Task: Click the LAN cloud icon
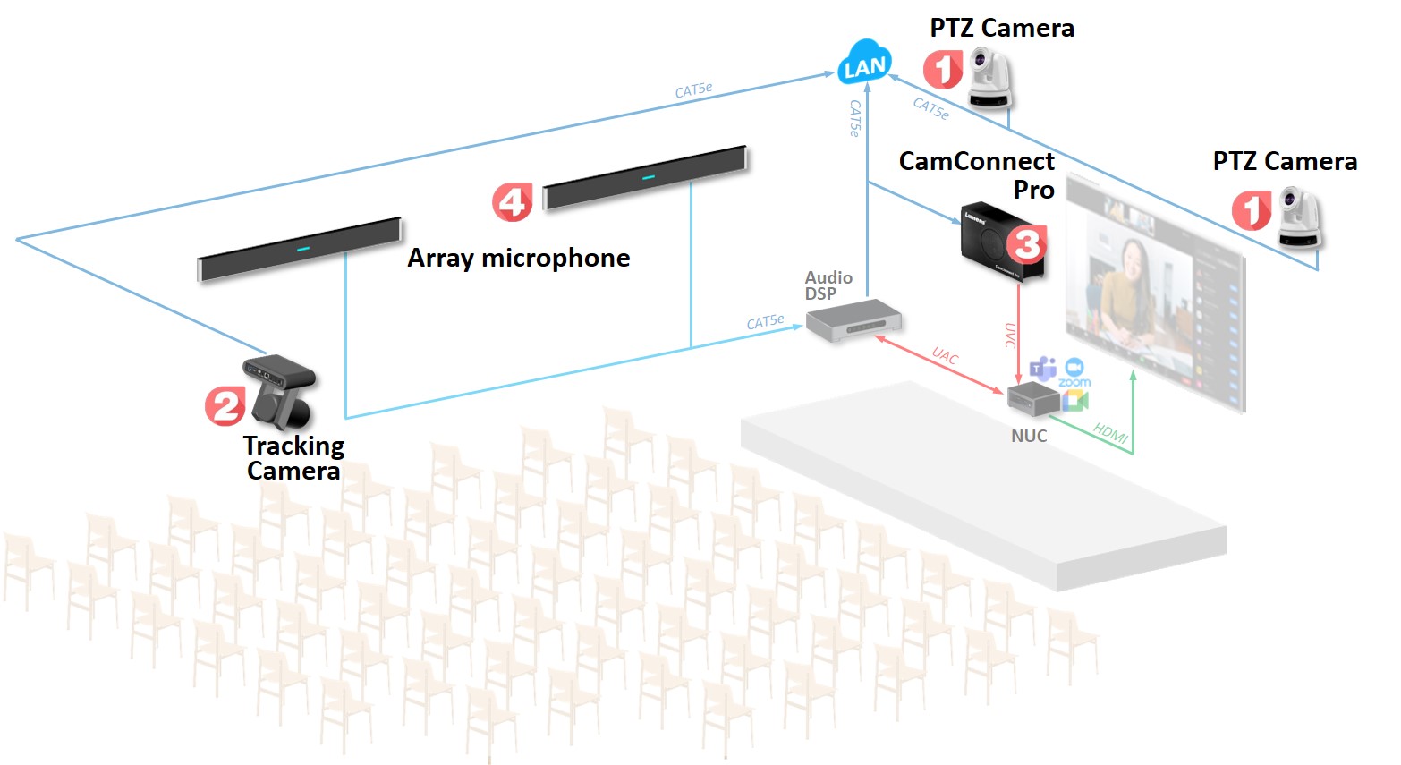pos(864,64)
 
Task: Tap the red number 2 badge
pos(225,406)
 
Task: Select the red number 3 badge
pos(1027,243)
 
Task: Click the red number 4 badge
pos(512,202)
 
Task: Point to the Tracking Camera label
pos(293,458)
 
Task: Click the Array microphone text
pos(519,259)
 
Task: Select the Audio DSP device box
pos(853,320)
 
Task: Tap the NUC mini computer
pos(1032,399)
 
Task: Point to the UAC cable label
pos(945,356)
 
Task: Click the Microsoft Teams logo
pos(1042,369)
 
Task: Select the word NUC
pos(1029,436)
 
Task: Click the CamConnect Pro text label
pos(977,175)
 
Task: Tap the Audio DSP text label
pos(828,285)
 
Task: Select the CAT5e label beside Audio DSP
pos(765,321)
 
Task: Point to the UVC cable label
pos(1010,336)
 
